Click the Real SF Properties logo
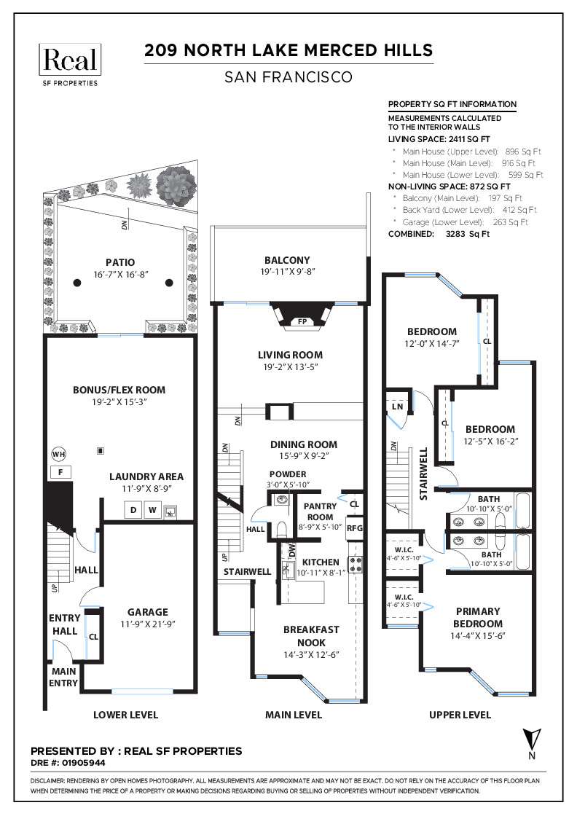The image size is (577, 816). [x=70, y=64]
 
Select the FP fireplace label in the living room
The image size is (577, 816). [x=301, y=321]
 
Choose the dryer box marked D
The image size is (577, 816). [x=134, y=511]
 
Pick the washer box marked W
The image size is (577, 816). [x=152, y=511]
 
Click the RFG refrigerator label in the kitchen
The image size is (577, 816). [x=354, y=528]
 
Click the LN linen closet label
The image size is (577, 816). [x=397, y=405]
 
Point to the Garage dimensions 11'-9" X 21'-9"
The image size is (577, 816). [x=147, y=624]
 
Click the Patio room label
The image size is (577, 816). [x=119, y=262]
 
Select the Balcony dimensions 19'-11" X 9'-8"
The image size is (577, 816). [x=287, y=272]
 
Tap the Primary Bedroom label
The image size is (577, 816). [x=478, y=617]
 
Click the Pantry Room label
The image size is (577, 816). [x=318, y=510]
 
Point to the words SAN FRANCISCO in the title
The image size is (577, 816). [x=288, y=76]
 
